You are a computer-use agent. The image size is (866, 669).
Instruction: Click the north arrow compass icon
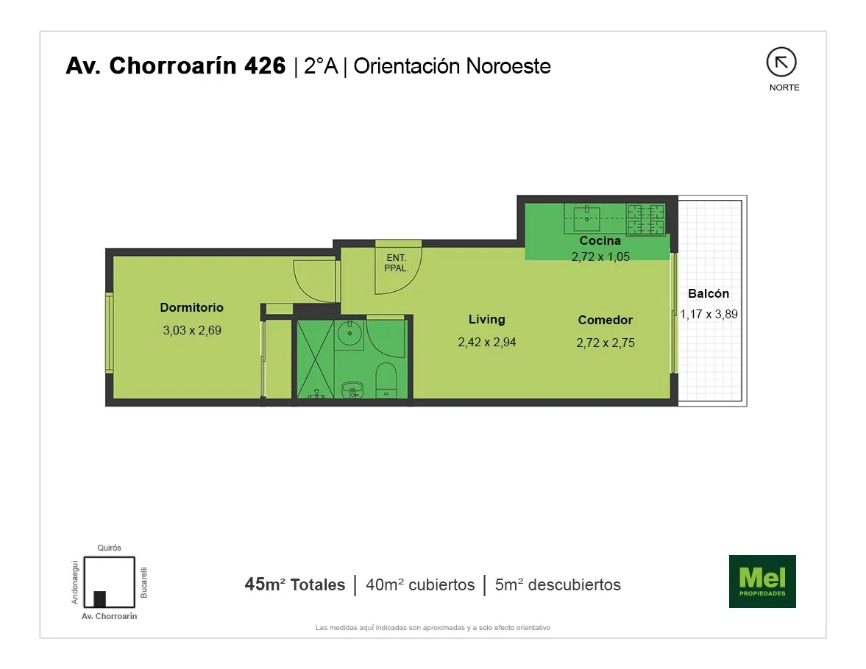[x=781, y=62]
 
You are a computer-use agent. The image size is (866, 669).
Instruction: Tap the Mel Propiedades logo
[x=762, y=582]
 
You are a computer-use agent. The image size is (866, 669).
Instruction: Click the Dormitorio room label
[x=191, y=307]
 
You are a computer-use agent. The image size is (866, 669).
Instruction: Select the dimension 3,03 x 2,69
[x=191, y=330]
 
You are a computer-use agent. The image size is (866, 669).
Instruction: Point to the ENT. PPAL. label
[x=396, y=262]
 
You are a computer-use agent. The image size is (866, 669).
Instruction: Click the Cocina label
[x=600, y=240]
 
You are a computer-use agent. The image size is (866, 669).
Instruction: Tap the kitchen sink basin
[x=586, y=218]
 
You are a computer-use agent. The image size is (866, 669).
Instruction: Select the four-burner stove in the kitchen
[x=645, y=219]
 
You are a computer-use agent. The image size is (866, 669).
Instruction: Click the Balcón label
[x=709, y=293]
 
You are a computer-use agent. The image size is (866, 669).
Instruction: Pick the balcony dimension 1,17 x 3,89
[x=709, y=314]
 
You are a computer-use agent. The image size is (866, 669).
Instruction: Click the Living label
[x=486, y=319]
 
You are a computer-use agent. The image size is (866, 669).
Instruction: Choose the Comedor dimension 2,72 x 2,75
[x=606, y=343]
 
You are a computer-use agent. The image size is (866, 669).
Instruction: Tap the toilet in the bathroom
[x=386, y=380]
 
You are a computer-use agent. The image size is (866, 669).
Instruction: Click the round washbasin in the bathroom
[x=349, y=333]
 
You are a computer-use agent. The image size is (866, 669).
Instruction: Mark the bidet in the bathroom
[x=352, y=390]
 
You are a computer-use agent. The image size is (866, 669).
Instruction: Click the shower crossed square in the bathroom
[x=316, y=359]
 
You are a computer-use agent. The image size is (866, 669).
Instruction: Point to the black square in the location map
[x=99, y=599]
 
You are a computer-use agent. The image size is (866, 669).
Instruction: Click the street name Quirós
[x=109, y=548]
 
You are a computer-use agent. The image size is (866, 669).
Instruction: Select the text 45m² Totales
[x=295, y=584]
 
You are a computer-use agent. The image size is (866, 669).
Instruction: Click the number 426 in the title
[x=265, y=65]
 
